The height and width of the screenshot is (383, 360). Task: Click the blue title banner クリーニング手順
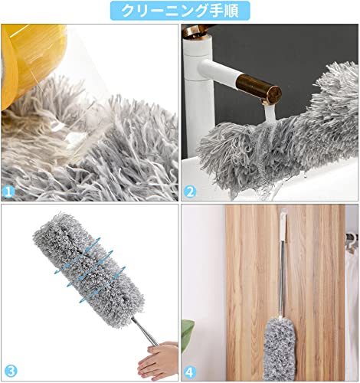[x=180, y=11]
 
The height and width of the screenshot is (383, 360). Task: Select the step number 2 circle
[x=190, y=192]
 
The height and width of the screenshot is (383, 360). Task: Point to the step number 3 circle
[x=11, y=371]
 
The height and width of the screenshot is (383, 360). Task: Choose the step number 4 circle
[x=190, y=372]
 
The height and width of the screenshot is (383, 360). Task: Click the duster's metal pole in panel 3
[x=145, y=332]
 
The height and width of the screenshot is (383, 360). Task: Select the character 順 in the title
[x=232, y=11]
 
